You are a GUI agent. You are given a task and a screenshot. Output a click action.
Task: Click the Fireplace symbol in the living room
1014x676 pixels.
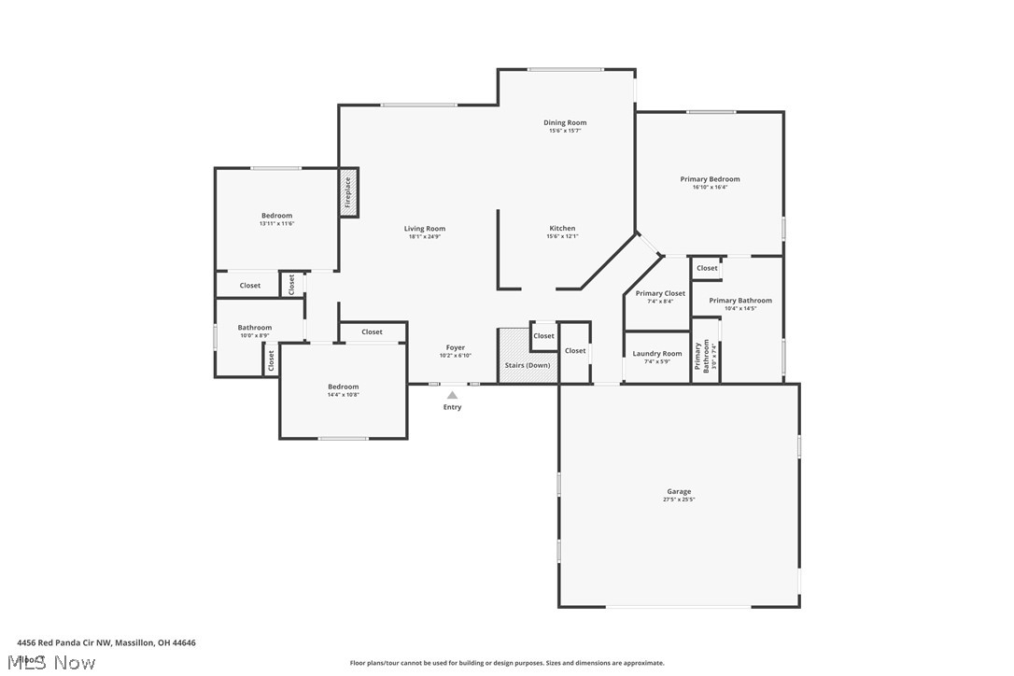[348, 192]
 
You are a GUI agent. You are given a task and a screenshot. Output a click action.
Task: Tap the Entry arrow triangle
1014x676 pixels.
[452, 395]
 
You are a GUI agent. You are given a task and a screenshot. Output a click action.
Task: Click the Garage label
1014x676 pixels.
[679, 491]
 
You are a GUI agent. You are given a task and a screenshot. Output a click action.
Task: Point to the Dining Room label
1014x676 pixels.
[565, 122]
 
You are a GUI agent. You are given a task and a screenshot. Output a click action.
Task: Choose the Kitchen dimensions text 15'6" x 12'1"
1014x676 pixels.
[562, 236]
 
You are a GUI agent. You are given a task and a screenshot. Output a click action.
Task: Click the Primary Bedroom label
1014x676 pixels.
[710, 179]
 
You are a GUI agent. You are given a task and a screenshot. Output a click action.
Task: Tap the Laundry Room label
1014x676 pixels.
[657, 354]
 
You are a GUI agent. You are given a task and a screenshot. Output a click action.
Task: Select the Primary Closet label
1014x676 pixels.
[660, 293]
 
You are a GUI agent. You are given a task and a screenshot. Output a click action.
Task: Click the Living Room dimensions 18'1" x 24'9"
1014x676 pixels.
[424, 236]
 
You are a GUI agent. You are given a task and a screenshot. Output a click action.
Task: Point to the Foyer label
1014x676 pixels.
[455, 347]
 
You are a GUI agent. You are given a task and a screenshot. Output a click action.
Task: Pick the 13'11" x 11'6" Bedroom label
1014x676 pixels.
[276, 216]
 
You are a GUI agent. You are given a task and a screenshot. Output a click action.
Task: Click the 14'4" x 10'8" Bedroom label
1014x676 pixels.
[343, 387]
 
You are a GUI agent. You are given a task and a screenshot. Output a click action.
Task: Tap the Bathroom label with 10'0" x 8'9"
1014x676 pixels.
[254, 328]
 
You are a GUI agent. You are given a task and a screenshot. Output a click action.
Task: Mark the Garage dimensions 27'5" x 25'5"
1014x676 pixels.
[679, 500]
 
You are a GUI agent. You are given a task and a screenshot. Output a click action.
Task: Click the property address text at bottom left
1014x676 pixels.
[106, 642]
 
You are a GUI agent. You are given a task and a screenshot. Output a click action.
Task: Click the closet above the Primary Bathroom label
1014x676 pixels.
[707, 268]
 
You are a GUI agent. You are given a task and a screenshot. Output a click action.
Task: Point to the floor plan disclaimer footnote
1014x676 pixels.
[507, 663]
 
